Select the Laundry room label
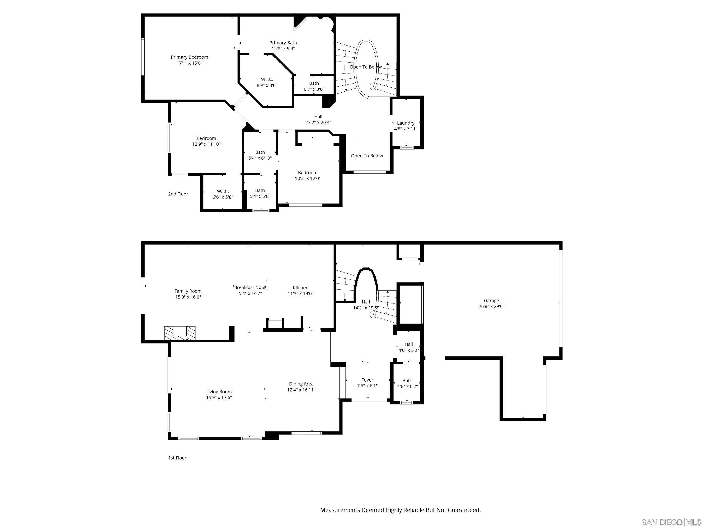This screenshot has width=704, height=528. [x=405, y=123]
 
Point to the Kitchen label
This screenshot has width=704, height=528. [x=300, y=288]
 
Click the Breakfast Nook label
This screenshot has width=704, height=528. [x=250, y=287]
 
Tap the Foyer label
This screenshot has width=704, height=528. [x=367, y=380]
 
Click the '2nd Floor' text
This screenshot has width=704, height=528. [x=178, y=194]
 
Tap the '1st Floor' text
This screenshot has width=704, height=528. [x=177, y=458]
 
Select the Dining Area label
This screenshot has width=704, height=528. [x=301, y=384]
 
